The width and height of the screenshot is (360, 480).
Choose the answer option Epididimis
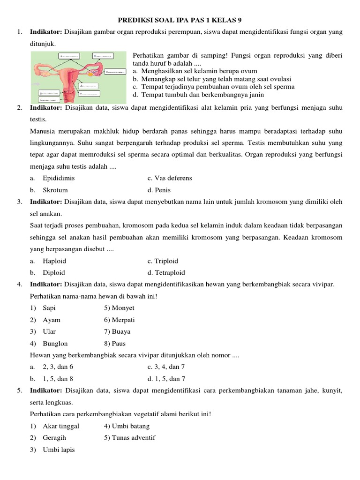pos(59,178)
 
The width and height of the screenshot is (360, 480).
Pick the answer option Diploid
pos(54,272)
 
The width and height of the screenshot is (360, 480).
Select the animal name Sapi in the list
pos(49,308)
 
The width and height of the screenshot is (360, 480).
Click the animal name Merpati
pos(123,320)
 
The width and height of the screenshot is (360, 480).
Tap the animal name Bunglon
pos(53,344)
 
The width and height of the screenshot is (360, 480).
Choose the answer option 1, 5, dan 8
pos(58,379)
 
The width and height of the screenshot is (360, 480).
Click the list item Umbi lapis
pos(59,450)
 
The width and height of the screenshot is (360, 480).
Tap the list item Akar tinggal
pos(61,426)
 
